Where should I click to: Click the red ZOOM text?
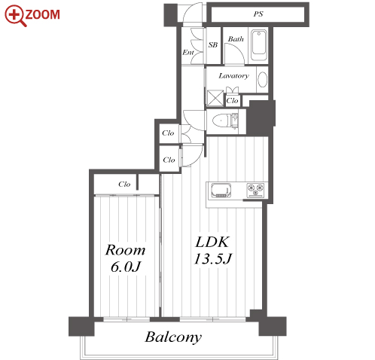tap(42, 14)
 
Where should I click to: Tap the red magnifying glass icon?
tap(15, 16)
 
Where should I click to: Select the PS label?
tap(258, 14)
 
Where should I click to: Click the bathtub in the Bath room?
tap(258, 44)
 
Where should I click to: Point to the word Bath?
tap(236, 39)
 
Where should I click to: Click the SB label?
tap(213, 45)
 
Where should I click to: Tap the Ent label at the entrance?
tap(188, 52)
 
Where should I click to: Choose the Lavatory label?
tap(233, 75)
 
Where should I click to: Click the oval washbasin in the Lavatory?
tap(263, 79)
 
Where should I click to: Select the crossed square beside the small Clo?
tap(215, 99)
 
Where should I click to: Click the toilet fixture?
tap(225, 121)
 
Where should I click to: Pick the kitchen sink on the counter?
tap(221, 191)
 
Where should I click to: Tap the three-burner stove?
tap(255, 190)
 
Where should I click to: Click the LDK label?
tap(212, 243)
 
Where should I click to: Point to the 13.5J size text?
tap(213, 258)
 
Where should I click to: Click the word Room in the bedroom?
tap(125, 250)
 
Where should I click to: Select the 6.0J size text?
tap(126, 267)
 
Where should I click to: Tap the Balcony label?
tap(173, 337)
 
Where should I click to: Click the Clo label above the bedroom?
tap(124, 185)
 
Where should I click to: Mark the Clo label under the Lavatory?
tap(232, 101)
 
